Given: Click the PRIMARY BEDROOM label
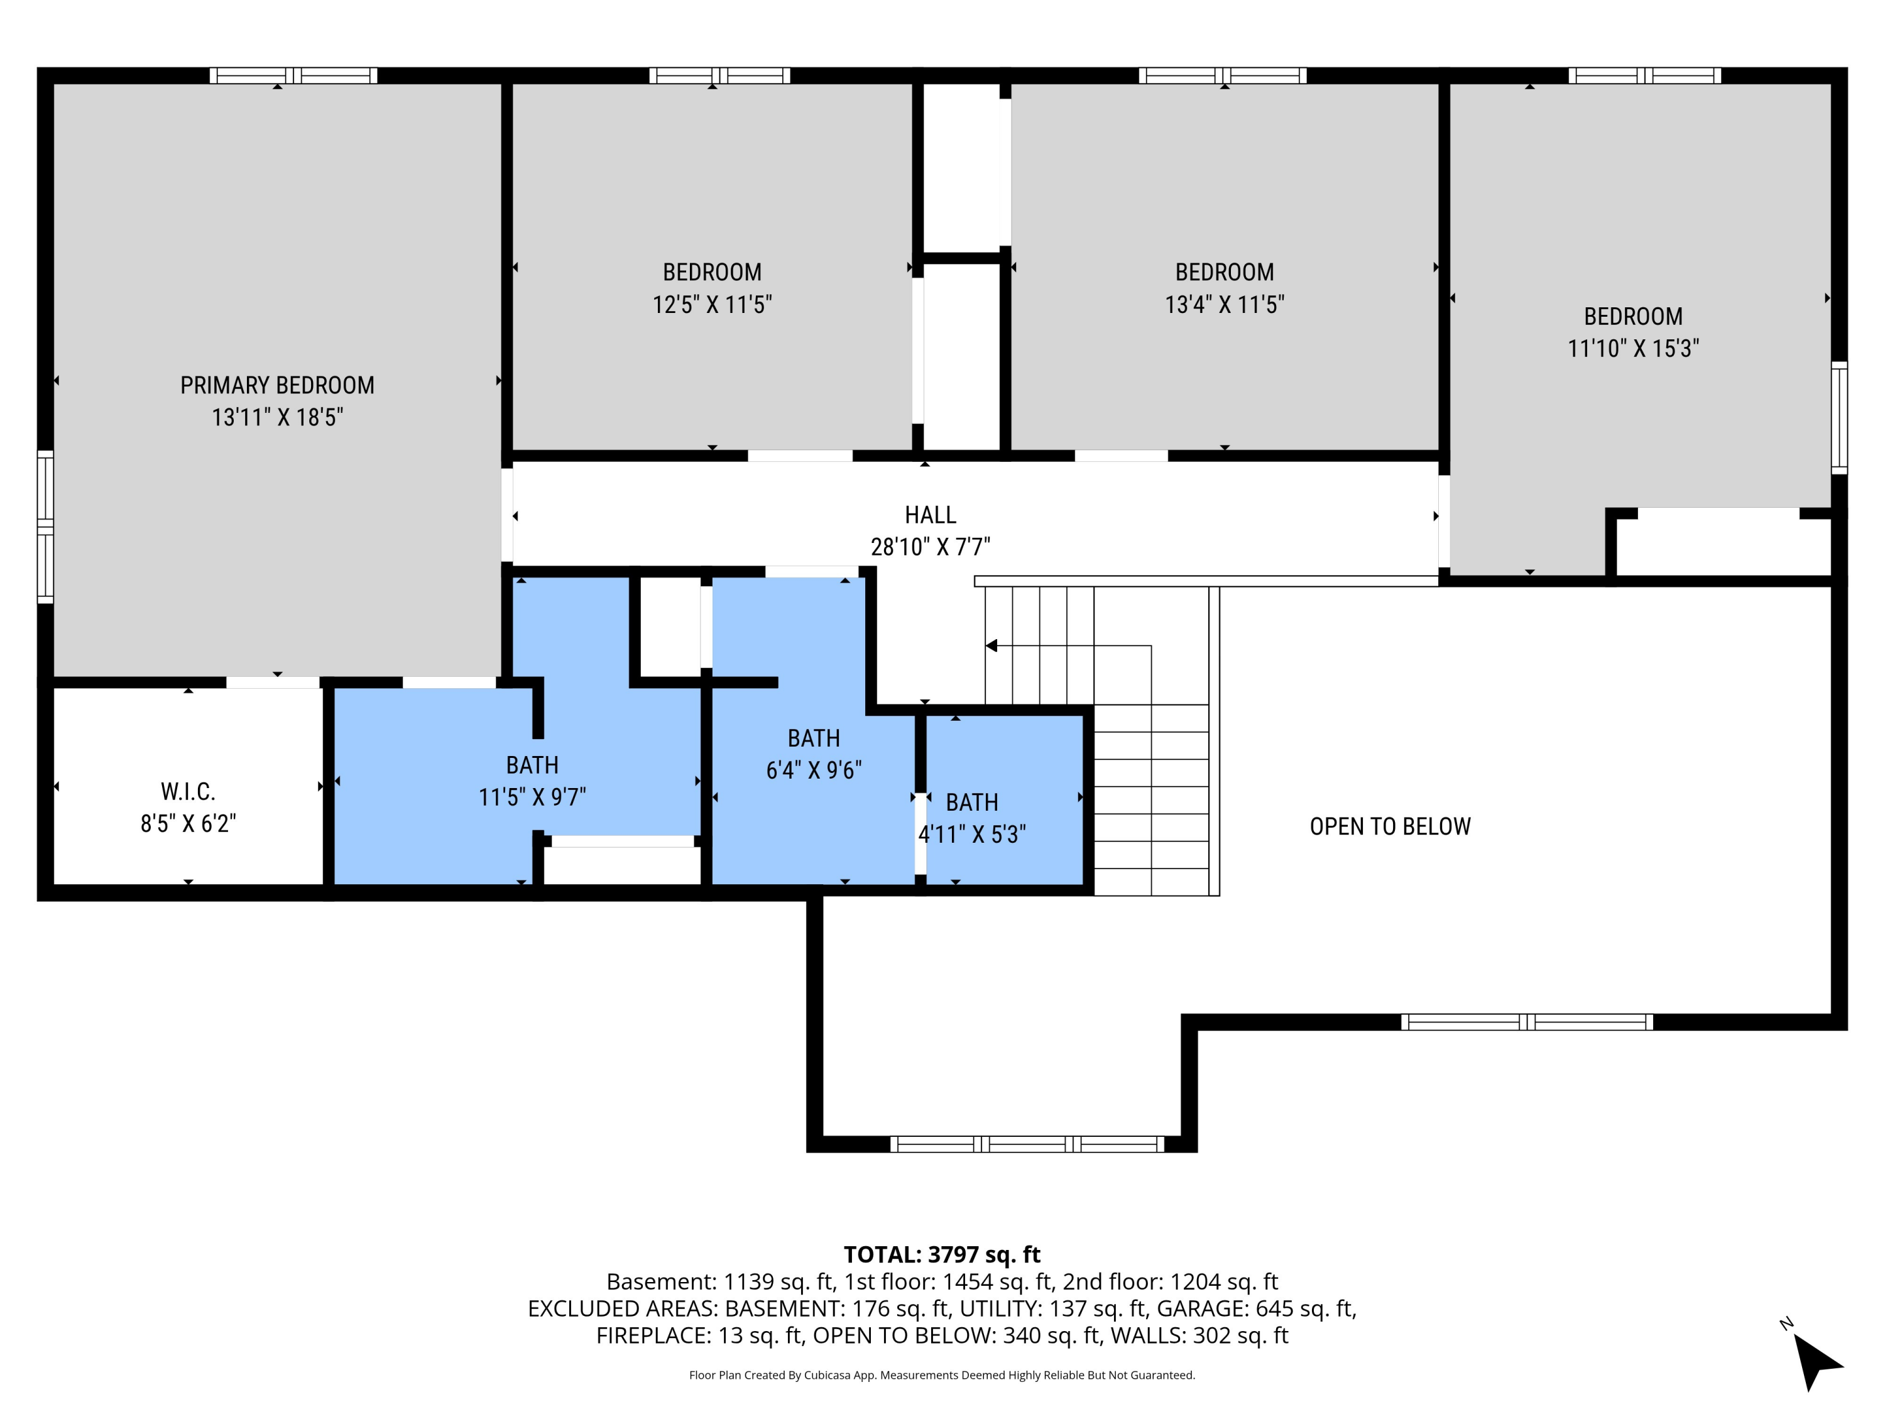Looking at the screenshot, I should coord(277,385).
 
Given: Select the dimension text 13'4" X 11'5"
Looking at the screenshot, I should coord(1224,304).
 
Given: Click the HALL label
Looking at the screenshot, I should coord(930,515).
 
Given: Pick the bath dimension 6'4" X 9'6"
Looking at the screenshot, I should coord(813,770).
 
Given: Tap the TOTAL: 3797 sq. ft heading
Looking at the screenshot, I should coord(942,1254).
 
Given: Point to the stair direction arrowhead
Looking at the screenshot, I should coord(991,645).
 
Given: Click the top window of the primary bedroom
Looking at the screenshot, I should coord(293,75).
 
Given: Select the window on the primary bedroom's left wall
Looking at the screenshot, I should coord(45,527).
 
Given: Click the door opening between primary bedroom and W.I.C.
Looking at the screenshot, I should coord(272,682).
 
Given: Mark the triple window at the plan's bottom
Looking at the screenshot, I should coord(1026,1144).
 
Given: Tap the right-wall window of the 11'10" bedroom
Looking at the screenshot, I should coord(1839,418).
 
